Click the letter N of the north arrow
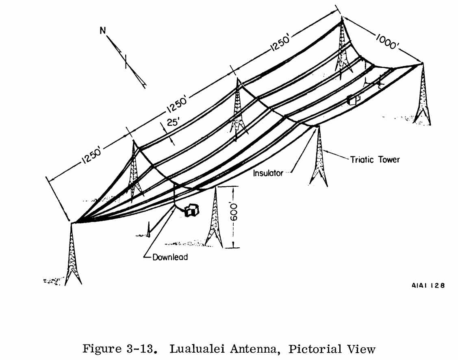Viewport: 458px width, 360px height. (103, 31)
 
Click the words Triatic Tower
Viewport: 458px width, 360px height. (375, 159)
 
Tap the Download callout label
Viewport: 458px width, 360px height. (170, 257)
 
